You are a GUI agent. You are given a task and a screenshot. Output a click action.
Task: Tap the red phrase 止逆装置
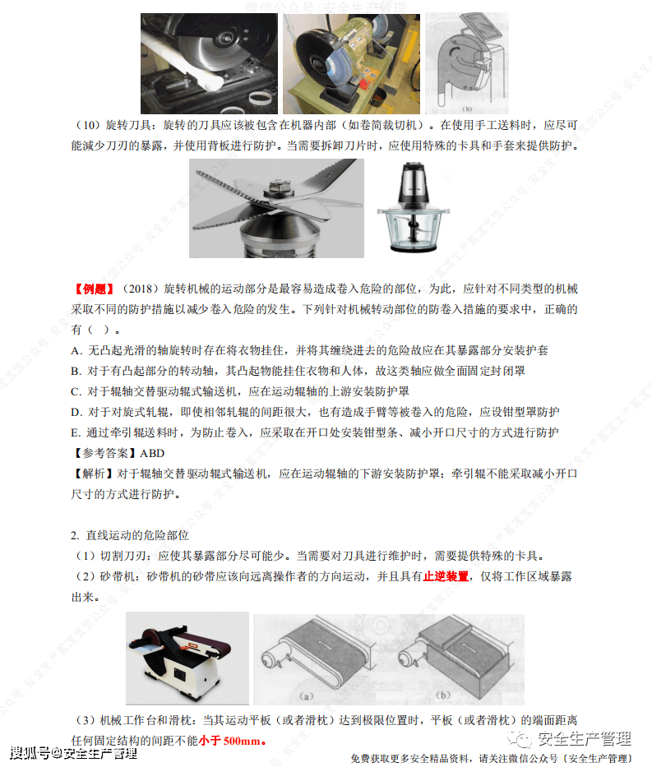click(x=446, y=577)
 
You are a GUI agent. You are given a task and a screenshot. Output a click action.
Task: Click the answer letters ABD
click(x=152, y=454)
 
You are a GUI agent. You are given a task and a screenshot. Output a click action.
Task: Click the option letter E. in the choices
click(x=77, y=432)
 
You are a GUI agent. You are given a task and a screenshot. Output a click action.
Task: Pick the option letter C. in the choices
click(x=77, y=391)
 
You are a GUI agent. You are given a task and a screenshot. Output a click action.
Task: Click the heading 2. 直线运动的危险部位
click(x=132, y=535)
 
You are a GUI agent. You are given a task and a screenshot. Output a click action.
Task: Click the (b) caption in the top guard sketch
click(x=466, y=108)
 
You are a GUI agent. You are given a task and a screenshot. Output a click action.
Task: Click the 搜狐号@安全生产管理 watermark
click(x=74, y=753)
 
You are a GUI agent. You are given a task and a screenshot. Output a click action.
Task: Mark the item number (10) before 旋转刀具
click(x=89, y=126)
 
